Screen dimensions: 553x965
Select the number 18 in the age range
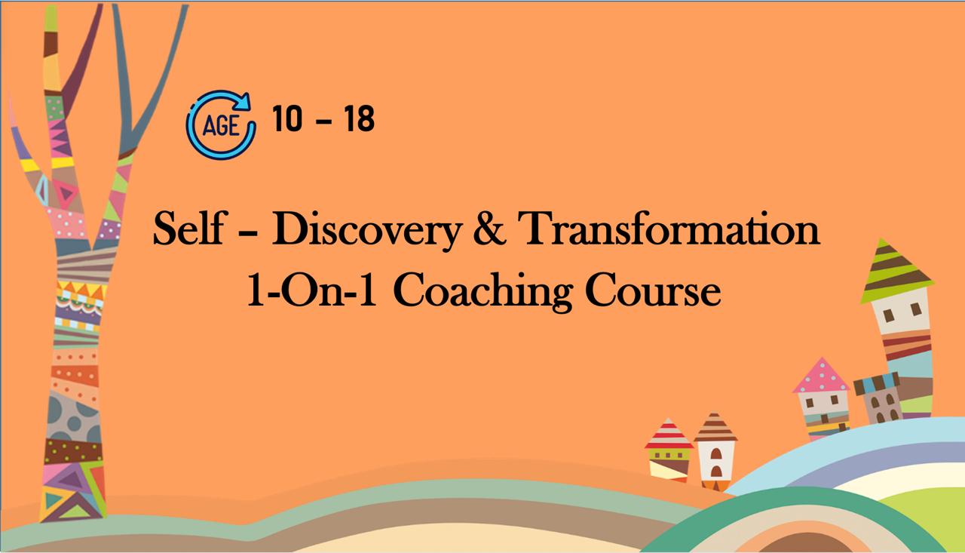pos(359,119)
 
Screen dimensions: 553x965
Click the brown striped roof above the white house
pos(715,428)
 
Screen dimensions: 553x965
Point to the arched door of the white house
pos(715,472)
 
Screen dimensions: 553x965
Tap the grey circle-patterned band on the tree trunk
pos(73,414)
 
